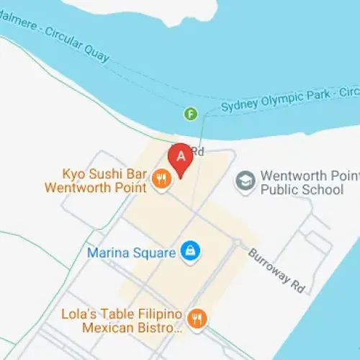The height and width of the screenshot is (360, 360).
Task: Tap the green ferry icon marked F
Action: [191, 113]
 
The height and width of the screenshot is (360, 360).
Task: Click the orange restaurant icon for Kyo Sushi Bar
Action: [162, 180]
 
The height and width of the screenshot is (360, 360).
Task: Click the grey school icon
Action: [246, 181]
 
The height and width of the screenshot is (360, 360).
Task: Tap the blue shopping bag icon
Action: [191, 251]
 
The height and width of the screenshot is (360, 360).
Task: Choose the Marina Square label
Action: [131, 253]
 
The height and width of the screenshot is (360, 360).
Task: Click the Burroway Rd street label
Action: [277, 270]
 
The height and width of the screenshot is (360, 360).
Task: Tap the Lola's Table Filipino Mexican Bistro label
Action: [120, 320]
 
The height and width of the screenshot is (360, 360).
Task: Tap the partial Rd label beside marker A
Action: [198, 152]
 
